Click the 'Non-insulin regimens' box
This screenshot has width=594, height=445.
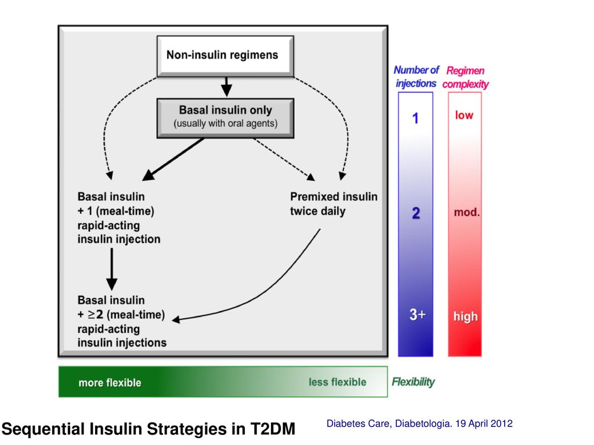(225, 56)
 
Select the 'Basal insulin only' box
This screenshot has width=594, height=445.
(225, 118)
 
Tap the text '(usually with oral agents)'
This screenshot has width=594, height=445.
(226, 124)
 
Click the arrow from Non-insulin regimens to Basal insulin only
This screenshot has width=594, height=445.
(226, 87)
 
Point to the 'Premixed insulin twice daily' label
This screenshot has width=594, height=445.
(334, 204)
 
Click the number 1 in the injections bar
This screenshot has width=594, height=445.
(415, 118)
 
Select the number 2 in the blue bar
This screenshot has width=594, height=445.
(415, 213)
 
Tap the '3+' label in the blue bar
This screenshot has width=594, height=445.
(418, 315)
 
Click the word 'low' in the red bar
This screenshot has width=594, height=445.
(464, 115)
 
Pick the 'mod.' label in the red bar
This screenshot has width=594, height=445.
(467, 212)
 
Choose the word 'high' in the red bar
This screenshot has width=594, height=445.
(466, 316)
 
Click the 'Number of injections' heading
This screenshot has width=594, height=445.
(416, 76)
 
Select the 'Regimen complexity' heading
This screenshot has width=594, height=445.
(466, 77)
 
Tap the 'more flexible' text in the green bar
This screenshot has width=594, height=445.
(110, 383)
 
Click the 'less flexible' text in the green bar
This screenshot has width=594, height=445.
(338, 382)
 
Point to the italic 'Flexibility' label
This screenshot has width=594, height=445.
(413, 382)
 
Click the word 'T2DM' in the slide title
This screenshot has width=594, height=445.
(273, 429)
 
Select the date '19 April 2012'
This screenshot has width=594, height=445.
(484, 424)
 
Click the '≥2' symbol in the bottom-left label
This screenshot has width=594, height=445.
(95, 315)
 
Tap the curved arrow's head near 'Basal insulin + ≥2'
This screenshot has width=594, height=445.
(176, 320)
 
